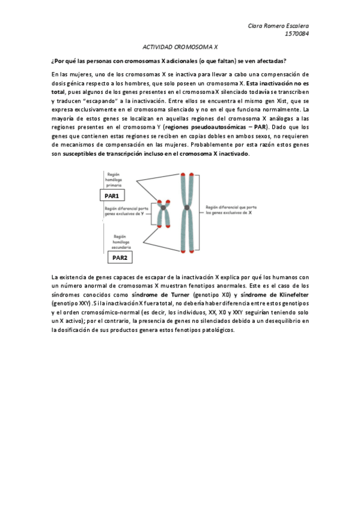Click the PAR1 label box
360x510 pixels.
tap(112, 195)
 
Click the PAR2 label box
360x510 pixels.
tap(120, 257)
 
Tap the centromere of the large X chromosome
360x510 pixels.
tap(188, 208)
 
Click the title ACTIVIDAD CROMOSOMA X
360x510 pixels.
tap(180, 46)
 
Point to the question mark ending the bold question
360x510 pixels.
tap(285, 61)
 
